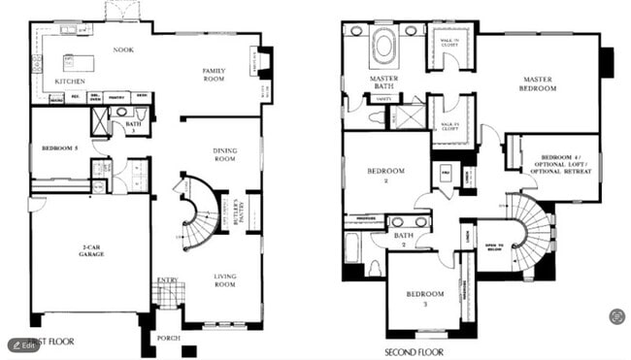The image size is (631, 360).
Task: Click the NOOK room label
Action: (x=123, y=49)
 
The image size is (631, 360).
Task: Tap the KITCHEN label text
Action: (x=70, y=82)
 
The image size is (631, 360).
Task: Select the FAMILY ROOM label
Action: (x=214, y=75)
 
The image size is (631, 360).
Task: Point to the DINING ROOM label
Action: (x=225, y=154)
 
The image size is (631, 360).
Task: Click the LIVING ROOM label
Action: (x=225, y=280)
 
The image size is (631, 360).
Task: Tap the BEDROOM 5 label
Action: (x=59, y=148)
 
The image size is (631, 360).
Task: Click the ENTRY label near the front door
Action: (x=168, y=280)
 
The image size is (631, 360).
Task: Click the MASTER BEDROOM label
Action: (x=539, y=83)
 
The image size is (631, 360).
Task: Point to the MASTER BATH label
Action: (x=384, y=83)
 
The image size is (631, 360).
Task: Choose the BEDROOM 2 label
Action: (x=384, y=175)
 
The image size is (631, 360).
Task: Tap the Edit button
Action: (x=24, y=344)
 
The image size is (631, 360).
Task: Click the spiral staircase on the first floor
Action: (x=199, y=211)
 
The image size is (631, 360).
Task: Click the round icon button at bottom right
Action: (x=616, y=316)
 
